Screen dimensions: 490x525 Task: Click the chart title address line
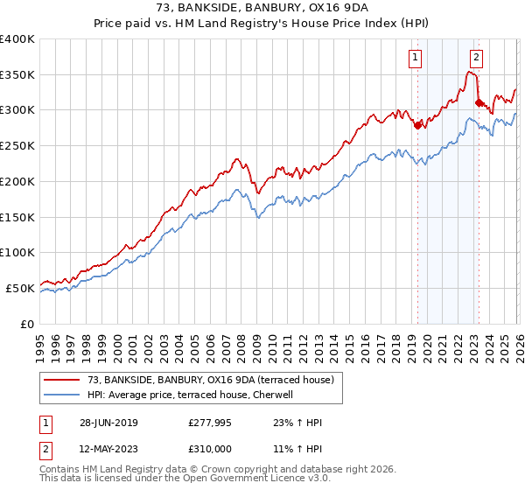(x=262, y=8)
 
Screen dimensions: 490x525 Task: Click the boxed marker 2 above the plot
(x=476, y=59)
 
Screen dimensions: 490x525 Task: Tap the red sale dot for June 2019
(x=417, y=124)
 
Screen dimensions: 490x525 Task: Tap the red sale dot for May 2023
(x=479, y=102)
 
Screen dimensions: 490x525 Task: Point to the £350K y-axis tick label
(x=17, y=75)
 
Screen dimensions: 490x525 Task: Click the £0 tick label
(x=28, y=324)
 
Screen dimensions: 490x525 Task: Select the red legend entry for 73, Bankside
(x=210, y=380)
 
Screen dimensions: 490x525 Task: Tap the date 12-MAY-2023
(x=107, y=449)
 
